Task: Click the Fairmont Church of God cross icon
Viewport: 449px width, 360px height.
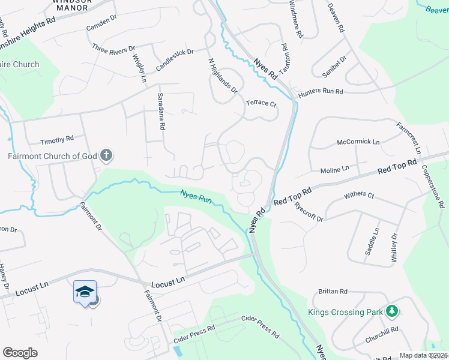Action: (106, 156)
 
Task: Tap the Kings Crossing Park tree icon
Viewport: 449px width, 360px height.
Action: (392, 311)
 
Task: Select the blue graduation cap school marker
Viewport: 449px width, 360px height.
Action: (85, 292)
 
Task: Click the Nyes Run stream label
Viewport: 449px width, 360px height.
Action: (197, 195)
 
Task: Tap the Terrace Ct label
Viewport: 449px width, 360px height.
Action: (261, 104)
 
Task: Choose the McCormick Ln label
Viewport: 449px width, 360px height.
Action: (358, 142)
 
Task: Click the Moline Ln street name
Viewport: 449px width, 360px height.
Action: (334, 170)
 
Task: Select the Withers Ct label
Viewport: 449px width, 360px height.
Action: (359, 196)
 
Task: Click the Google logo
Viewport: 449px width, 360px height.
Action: (20, 353)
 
